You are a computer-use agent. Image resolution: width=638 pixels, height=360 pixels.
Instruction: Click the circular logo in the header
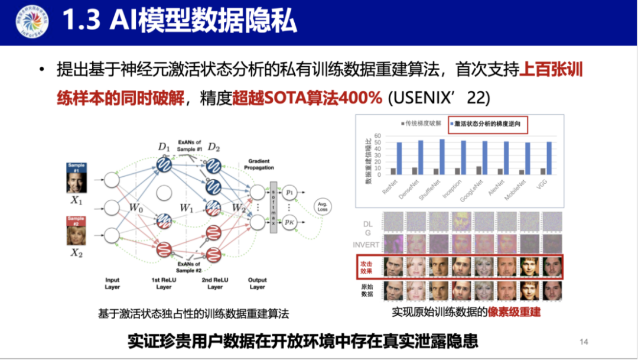click(30, 22)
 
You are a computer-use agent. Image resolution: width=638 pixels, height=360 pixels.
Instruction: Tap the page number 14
click(584, 342)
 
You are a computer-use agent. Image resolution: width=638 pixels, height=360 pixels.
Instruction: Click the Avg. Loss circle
click(323, 207)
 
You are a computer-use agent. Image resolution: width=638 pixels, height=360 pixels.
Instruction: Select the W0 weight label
click(135, 207)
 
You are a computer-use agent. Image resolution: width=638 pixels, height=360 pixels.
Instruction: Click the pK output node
click(289, 222)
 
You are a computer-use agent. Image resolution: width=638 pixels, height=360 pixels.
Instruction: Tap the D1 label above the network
click(164, 145)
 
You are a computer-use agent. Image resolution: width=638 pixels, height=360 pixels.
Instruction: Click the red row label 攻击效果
click(367, 266)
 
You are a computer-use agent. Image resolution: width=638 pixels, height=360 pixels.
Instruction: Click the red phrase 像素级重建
click(514, 312)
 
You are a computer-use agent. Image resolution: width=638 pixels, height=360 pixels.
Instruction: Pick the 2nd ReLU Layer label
click(214, 283)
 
